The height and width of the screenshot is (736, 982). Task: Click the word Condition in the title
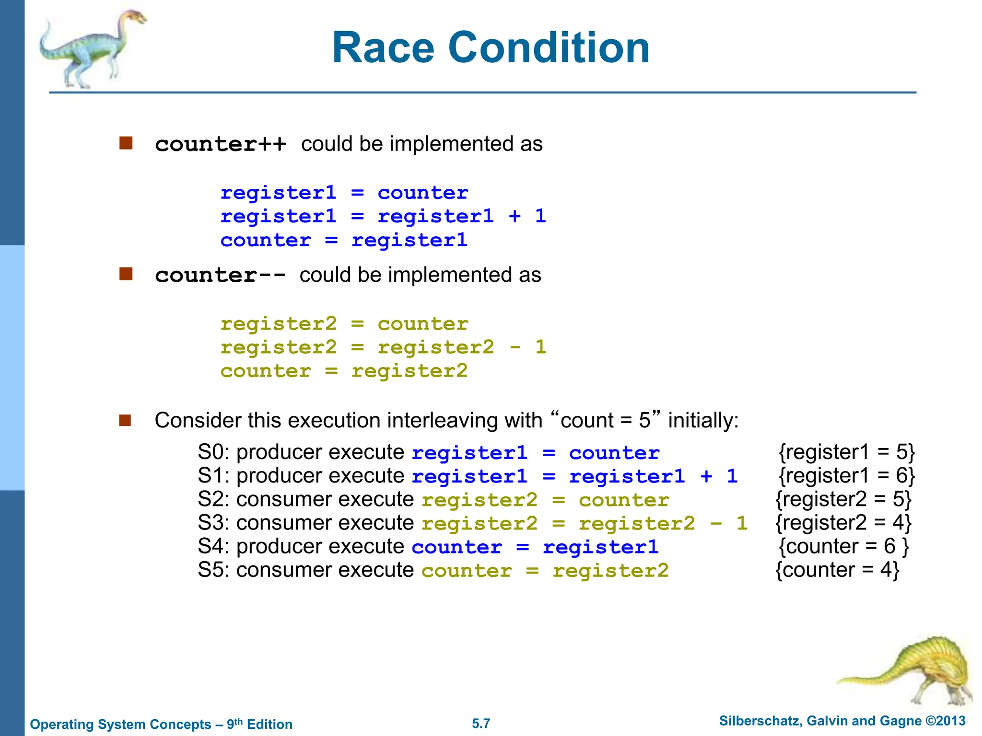pos(549,48)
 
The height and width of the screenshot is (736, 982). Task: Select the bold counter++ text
pos(221,144)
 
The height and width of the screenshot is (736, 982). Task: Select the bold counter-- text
pos(220,276)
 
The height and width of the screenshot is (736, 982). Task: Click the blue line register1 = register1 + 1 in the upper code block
pos(383,217)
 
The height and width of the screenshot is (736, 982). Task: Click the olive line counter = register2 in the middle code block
pos(343,371)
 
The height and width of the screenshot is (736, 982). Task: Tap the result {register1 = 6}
pos(847,476)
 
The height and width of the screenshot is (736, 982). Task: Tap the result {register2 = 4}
pos(843,523)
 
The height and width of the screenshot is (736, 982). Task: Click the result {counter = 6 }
pos(843,546)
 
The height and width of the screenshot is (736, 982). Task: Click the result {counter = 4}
pos(837,570)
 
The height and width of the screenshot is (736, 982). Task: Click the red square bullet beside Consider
pos(126,420)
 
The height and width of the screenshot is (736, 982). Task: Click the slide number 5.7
pos(481,724)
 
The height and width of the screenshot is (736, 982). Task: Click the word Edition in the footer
pos(269,724)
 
